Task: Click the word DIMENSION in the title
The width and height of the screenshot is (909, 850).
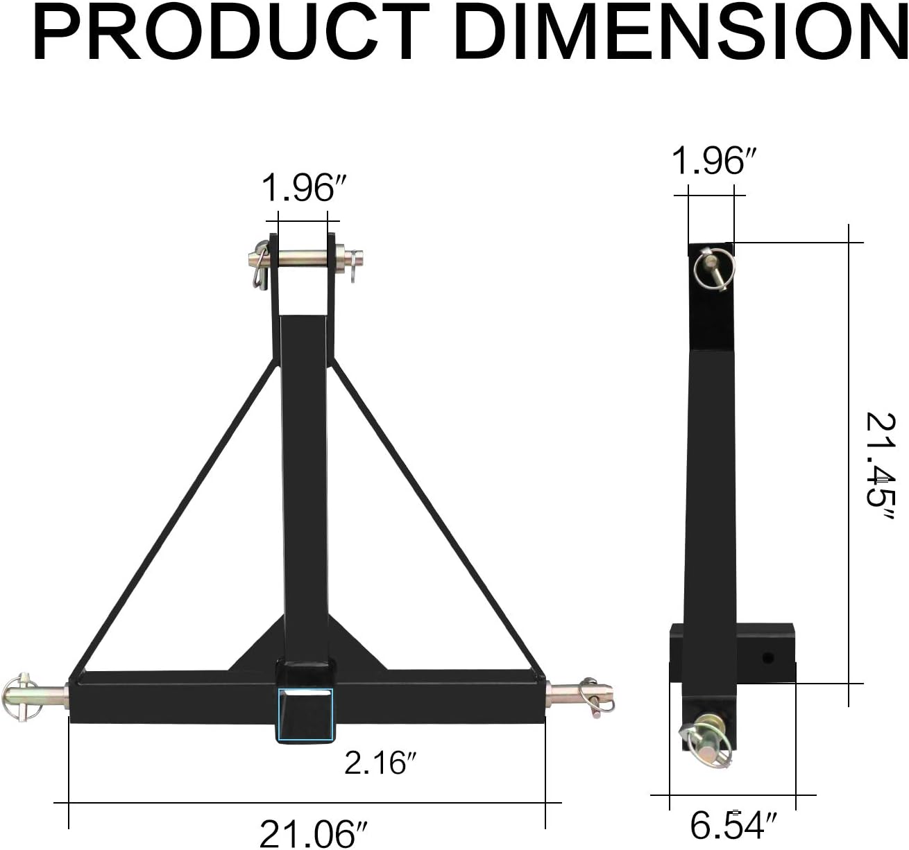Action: click(680, 33)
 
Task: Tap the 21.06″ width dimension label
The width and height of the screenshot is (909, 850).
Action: click(314, 834)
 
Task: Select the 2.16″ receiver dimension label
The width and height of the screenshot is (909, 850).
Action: click(380, 763)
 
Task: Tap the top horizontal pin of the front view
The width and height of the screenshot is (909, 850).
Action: click(305, 259)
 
